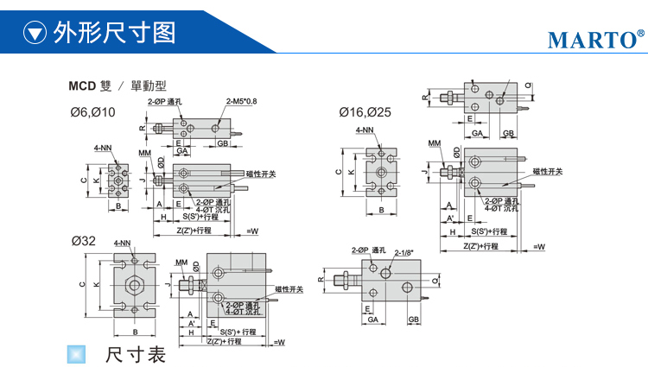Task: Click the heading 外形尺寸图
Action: coord(114,33)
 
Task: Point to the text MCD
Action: coord(82,85)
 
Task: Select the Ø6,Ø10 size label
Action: coord(92,112)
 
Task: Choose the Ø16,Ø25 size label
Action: coord(365,112)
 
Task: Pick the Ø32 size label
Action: coord(83,241)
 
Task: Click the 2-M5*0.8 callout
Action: coord(242,101)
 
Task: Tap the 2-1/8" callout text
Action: coord(403,252)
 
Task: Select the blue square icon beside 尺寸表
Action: coord(77,353)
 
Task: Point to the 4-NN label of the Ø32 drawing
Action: coord(123,244)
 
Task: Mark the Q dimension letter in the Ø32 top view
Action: coord(435,281)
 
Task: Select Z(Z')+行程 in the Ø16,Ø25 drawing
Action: coord(480,246)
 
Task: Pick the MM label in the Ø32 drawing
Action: coord(181,263)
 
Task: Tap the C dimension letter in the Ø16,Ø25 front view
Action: coord(338,172)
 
